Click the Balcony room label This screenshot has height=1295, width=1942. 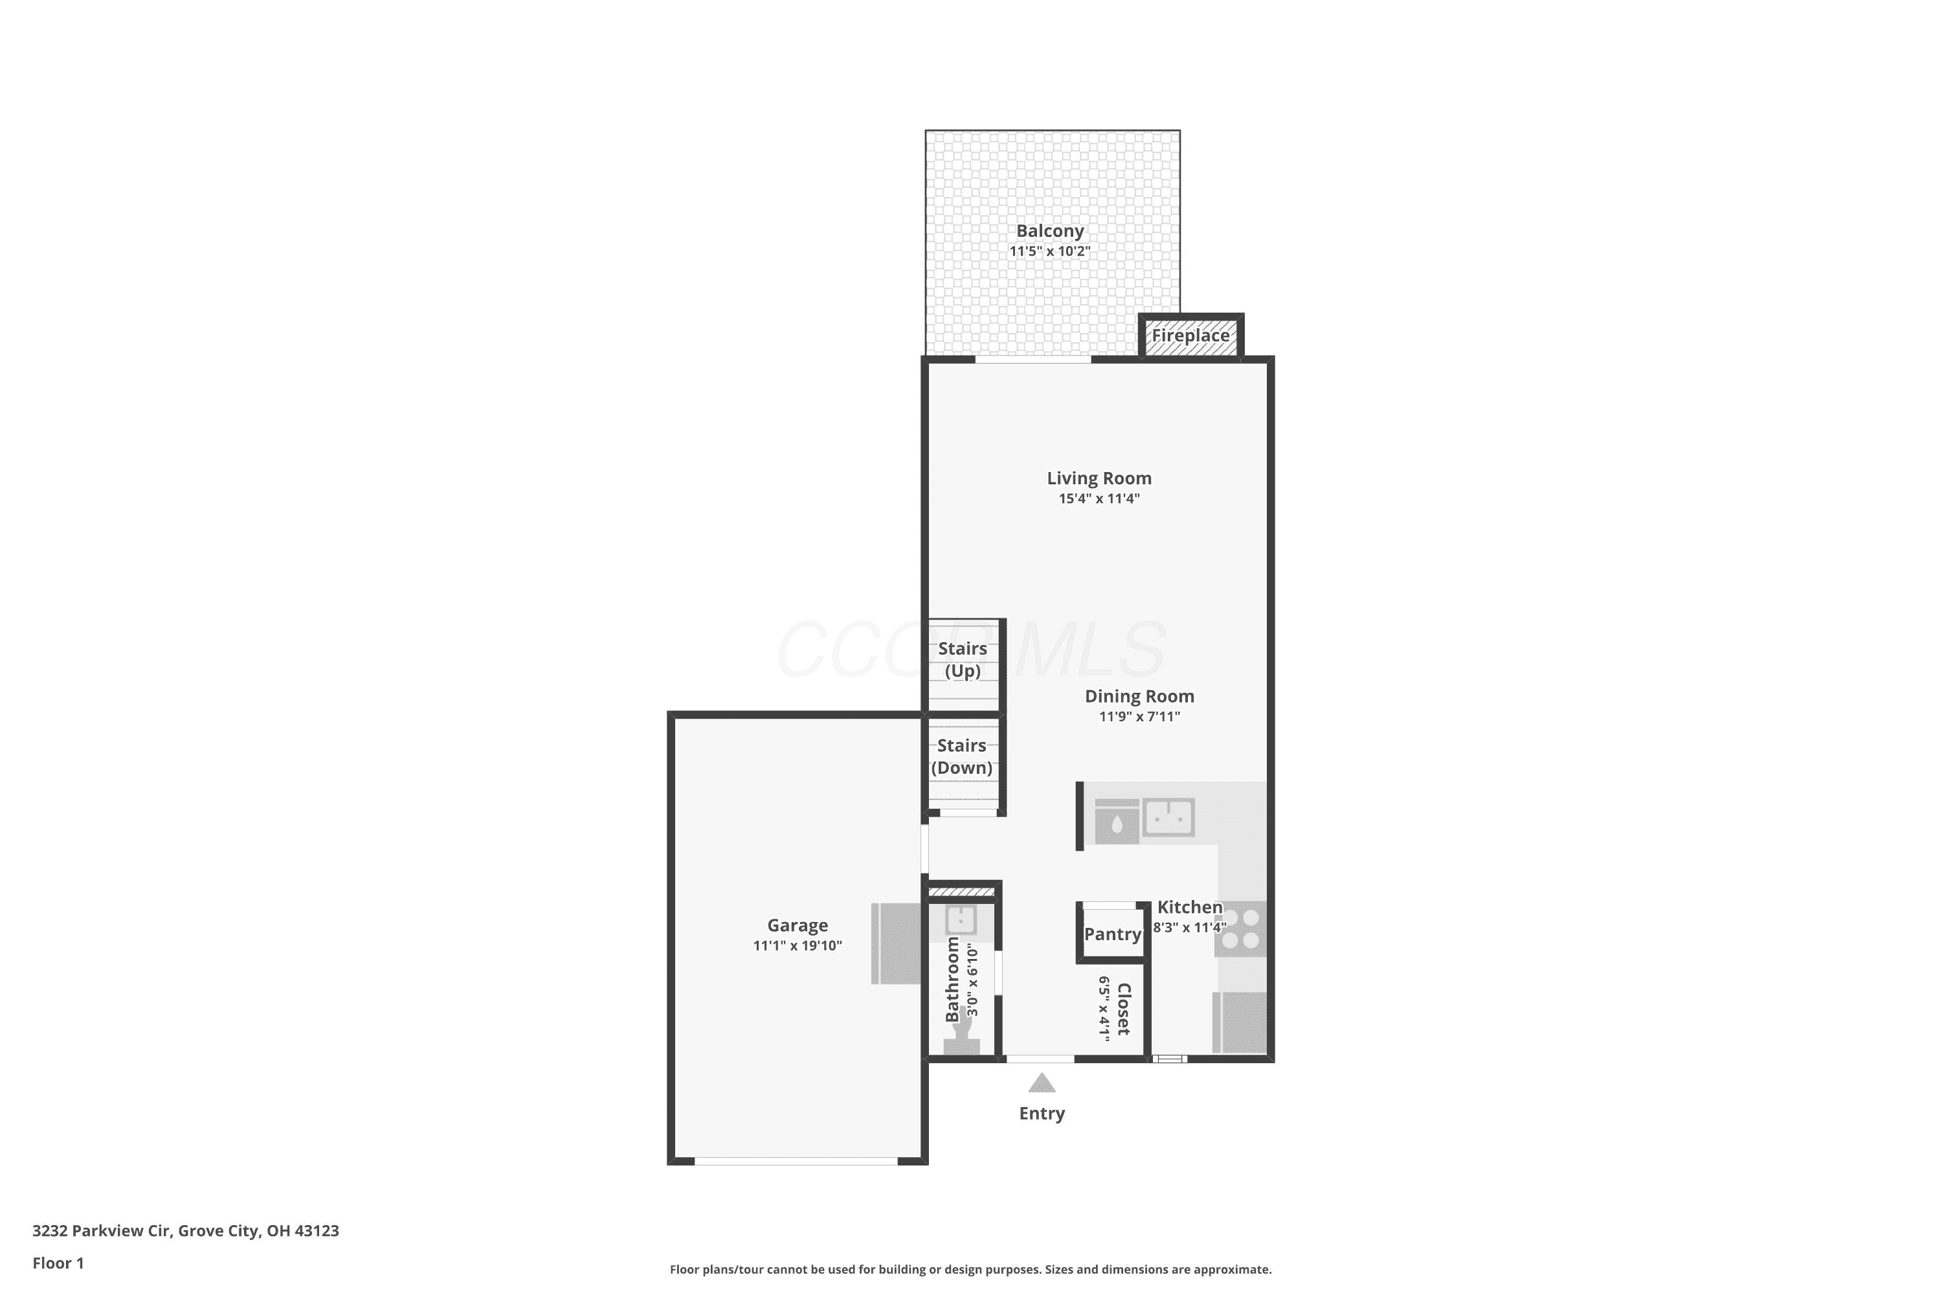(1049, 231)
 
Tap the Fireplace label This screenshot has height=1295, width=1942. (1190, 335)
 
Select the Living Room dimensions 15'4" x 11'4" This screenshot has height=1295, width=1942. (1099, 499)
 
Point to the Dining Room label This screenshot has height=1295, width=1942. (1139, 696)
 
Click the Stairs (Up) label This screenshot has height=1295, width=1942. (963, 660)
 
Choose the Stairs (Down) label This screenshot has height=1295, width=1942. (962, 756)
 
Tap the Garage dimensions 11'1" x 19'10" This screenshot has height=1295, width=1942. (798, 945)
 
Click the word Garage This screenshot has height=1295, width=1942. (798, 926)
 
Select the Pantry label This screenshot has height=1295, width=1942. (1112, 934)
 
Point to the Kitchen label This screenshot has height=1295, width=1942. (1190, 907)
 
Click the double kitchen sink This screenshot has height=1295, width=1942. (1168, 818)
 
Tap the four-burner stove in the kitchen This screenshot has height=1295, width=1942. (1240, 929)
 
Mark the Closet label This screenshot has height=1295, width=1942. (1123, 1009)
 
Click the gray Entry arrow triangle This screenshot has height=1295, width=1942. (1042, 1083)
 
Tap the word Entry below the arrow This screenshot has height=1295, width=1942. (1042, 1113)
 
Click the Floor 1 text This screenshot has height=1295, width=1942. (59, 1263)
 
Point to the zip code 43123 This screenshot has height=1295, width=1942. (317, 1231)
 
